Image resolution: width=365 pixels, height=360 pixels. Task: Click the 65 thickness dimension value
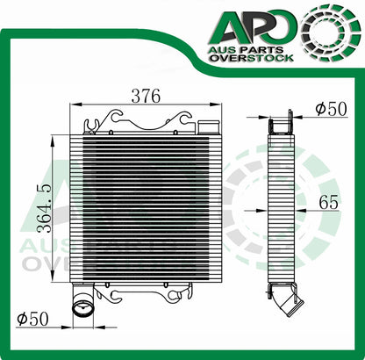point(328,202)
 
